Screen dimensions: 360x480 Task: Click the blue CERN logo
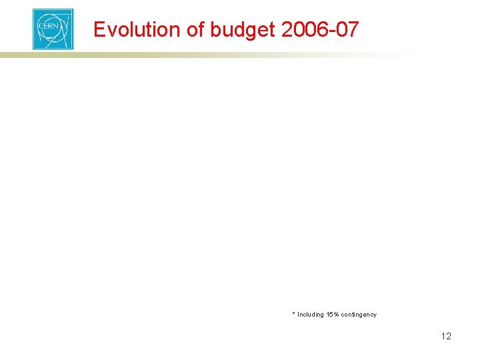[53, 29]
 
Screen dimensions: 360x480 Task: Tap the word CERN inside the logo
[52, 30]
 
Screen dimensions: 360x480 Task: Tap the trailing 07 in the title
[347, 29]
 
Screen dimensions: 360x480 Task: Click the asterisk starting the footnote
[293, 313]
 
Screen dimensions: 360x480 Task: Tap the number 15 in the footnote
[329, 315]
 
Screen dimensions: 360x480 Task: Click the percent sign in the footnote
[336, 315]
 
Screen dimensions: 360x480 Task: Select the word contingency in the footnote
[359, 315]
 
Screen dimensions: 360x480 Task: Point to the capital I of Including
[299, 315]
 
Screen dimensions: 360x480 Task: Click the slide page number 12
[446, 336]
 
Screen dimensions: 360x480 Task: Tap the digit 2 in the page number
[449, 336]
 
